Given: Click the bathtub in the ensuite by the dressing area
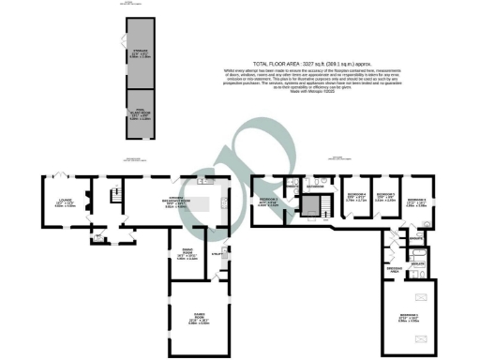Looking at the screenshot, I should pos(418,251).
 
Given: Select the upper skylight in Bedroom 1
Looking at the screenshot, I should pos(421,297).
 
